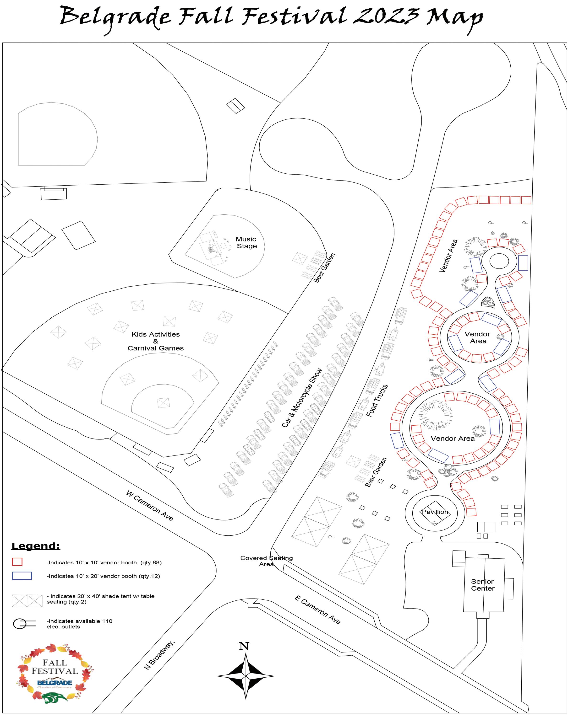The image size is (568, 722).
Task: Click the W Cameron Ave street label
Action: pyautogui.click(x=150, y=505)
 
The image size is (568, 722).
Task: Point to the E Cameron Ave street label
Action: pyautogui.click(x=318, y=610)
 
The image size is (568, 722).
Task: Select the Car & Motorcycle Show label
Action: pyautogui.click(x=302, y=397)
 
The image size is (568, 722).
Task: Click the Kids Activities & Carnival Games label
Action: pyautogui.click(x=156, y=341)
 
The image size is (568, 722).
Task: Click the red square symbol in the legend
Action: pyautogui.click(x=17, y=562)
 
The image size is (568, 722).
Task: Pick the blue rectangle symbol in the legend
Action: pyautogui.click(x=22, y=576)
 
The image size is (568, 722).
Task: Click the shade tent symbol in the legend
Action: pyautogui.click(x=27, y=601)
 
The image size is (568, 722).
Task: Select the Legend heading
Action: pyautogui.click(x=36, y=546)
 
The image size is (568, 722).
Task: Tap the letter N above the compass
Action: pyautogui.click(x=244, y=646)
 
